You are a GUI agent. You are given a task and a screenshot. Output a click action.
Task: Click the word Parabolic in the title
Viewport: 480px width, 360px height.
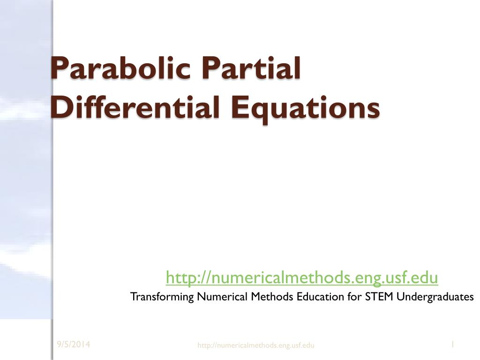120,68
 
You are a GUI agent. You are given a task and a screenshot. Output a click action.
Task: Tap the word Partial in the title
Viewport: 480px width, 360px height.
251,68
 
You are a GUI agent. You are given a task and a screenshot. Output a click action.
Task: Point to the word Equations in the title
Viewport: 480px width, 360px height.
305,109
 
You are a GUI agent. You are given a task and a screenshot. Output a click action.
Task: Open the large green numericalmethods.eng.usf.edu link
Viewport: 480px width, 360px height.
302,277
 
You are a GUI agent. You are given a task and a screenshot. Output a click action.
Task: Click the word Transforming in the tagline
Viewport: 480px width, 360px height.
162,297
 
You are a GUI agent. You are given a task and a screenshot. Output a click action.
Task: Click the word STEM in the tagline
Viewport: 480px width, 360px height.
379,296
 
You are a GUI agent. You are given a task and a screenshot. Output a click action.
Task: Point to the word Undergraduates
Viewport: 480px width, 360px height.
435,297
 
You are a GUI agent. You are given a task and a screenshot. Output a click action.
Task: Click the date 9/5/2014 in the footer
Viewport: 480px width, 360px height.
74,345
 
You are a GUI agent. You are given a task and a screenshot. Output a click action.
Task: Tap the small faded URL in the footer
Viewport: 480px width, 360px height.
255,345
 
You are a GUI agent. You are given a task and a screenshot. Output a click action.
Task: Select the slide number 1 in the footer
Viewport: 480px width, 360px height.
452,345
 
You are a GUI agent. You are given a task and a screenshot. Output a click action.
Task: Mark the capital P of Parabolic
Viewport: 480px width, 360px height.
59,68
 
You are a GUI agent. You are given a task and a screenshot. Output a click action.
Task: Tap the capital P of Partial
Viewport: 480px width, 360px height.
210,68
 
